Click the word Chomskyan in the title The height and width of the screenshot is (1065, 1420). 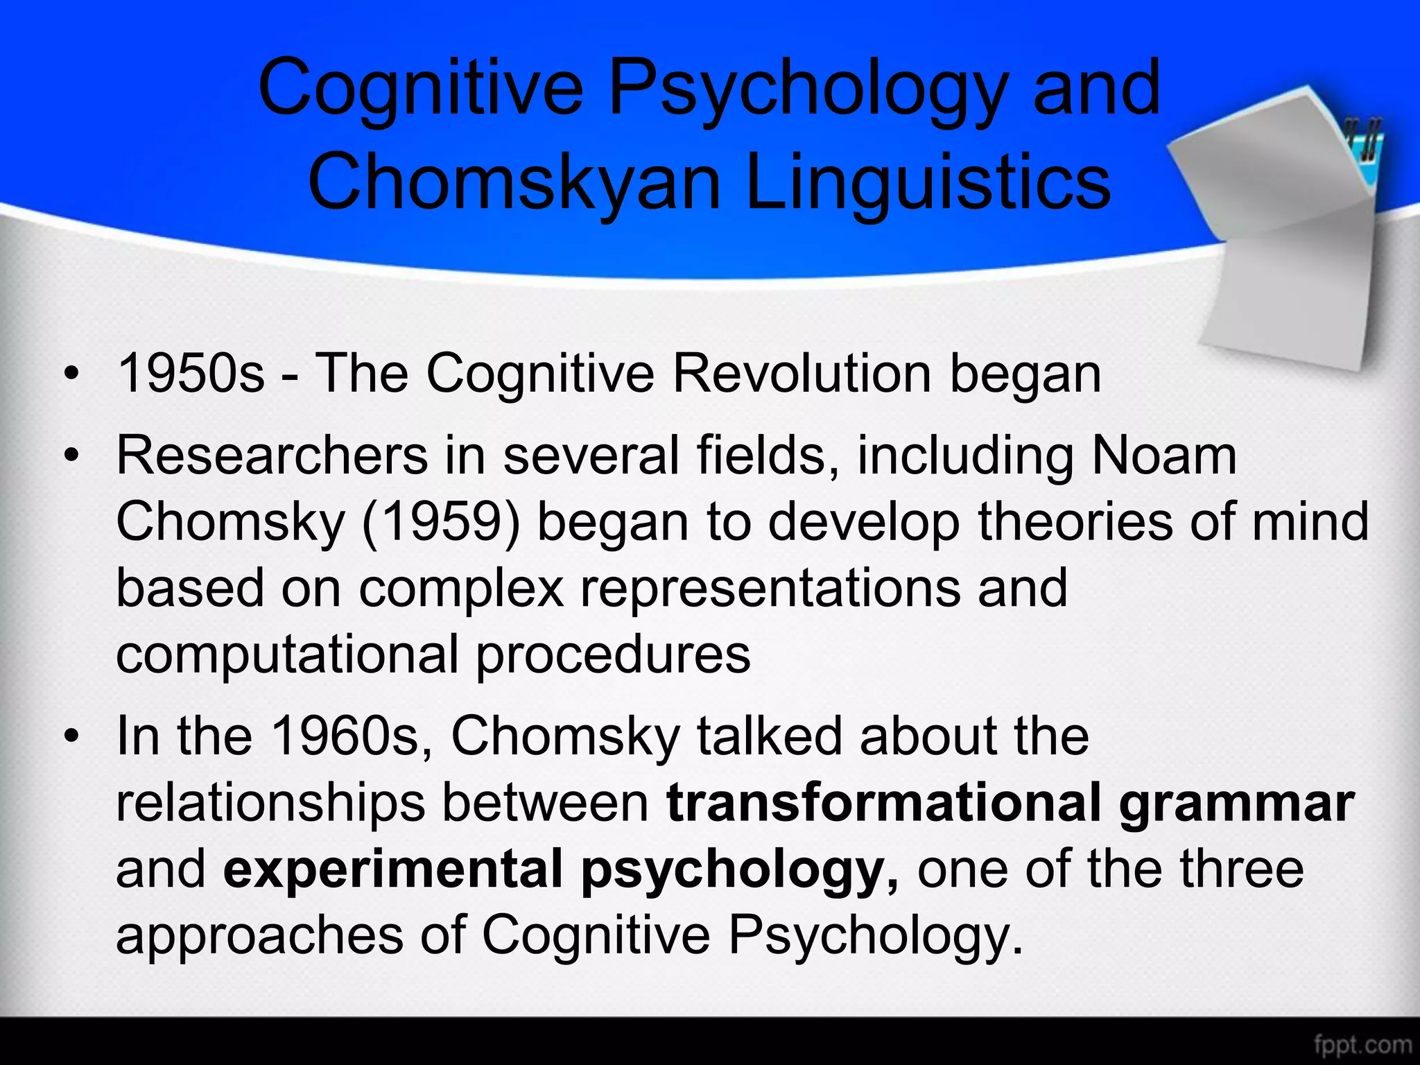pyautogui.click(x=514, y=182)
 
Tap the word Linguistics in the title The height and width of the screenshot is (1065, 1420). pyautogui.click(x=928, y=182)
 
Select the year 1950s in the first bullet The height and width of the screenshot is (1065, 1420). pyautogui.click(x=191, y=373)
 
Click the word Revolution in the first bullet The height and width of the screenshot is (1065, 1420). pyautogui.click(x=801, y=373)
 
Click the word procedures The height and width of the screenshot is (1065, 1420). pyautogui.click(x=613, y=654)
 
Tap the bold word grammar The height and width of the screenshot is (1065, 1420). pyautogui.click(x=1236, y=802)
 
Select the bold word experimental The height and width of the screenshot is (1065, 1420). pyautogui.click(x=392, y=868)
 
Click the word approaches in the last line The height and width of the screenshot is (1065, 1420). pyautogui.click(x=259, y=935)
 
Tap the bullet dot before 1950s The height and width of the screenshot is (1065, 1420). pyautogui.click(x=70, y=375)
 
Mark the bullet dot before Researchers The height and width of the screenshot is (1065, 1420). pyautogui.click(x=70, y=457)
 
